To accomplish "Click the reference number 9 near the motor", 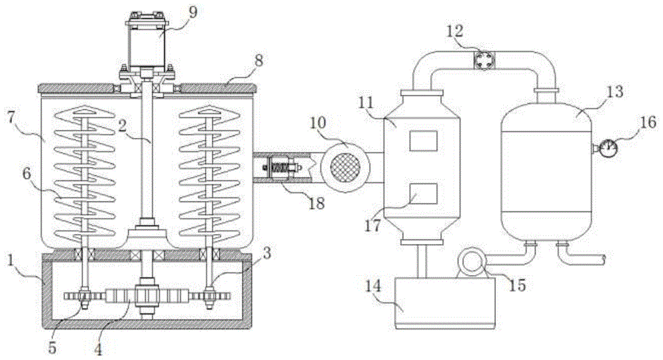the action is pos(192,12).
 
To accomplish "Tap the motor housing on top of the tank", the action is pos(147,44).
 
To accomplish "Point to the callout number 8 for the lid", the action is pos(259,60).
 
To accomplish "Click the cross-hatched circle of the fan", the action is pos(345,167).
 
